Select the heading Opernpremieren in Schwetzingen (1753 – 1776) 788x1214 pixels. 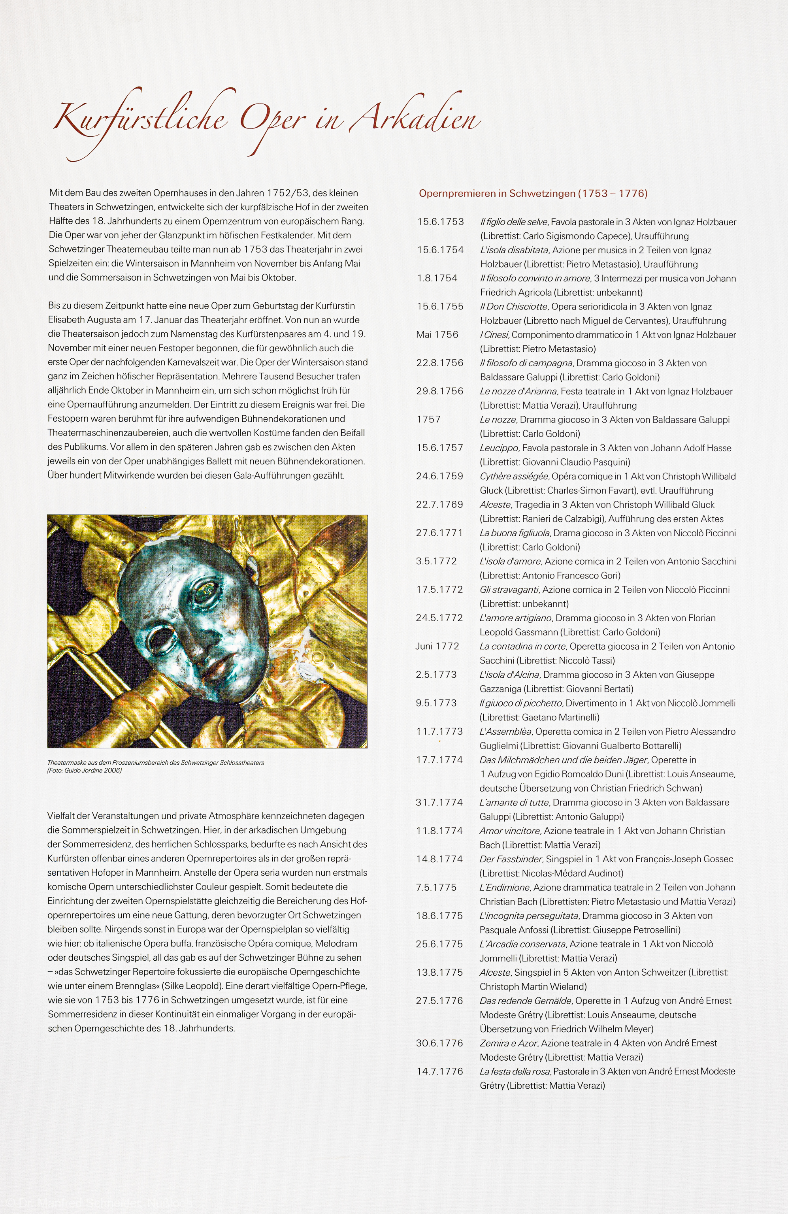pyautogui.click(x=533, y=193)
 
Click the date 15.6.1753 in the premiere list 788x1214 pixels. pyautogui.click(x=441, y=222)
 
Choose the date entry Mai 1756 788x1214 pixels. pyautogui.click(x=437, y=335)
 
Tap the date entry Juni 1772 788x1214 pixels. pyautogui.click(x=437, y=646)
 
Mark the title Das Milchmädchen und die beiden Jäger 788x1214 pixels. pyautogui.click(x=564, y=760)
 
